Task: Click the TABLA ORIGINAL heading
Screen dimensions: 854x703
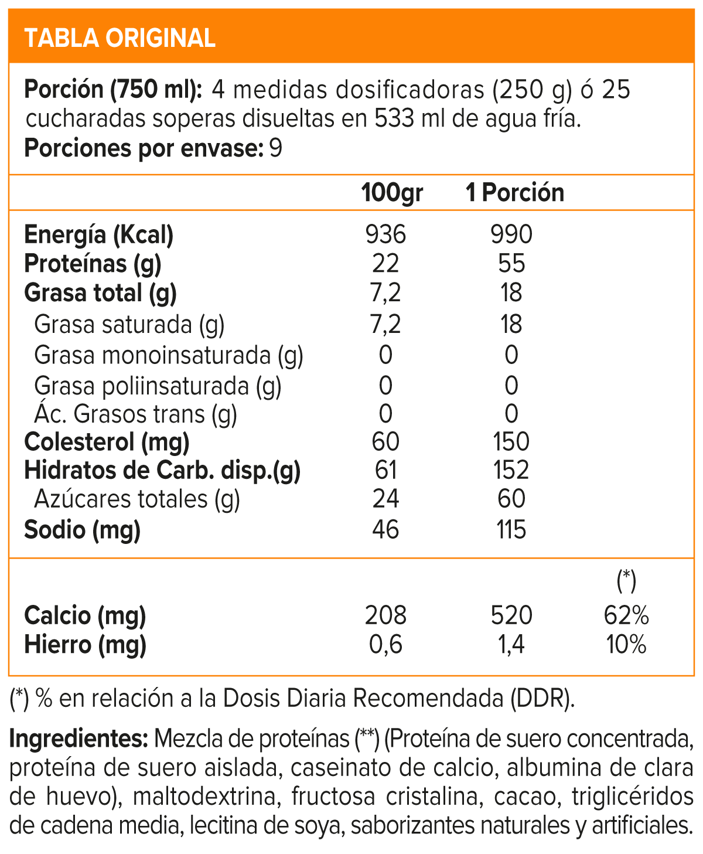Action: [120, 38]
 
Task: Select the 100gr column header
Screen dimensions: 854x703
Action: [392, 192]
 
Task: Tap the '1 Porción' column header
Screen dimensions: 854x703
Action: [514, 192]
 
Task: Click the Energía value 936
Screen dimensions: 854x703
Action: [385, 234]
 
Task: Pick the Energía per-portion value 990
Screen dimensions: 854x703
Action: [511, 234]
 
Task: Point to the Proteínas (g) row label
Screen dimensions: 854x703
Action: [93, 264]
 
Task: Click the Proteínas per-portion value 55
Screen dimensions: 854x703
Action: [511, 264]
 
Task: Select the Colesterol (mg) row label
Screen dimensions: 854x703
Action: [107, 441]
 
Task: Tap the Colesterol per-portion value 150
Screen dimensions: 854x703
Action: [511, 441]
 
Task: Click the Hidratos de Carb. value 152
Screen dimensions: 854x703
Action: [511, 470]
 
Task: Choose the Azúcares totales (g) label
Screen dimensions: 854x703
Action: [137, 499]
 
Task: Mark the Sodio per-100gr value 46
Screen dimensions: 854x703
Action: [385, 529]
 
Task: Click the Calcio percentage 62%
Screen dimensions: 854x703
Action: [626, 615]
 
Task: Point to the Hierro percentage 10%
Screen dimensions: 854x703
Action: [626, 645]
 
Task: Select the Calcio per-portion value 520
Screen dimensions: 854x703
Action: [511, 615]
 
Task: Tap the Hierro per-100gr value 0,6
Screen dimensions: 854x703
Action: [385, 645]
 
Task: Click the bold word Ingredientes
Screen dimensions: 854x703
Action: [79, 739]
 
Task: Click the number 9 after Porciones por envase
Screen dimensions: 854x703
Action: [275, 148]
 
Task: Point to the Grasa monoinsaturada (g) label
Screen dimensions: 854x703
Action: [169, 355]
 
